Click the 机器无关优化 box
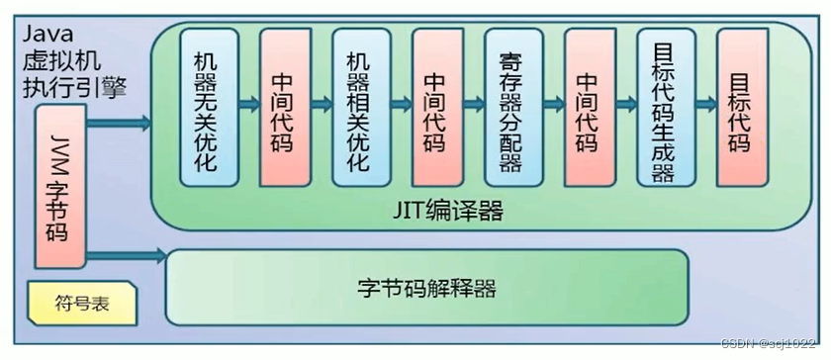click(x=207, y=107)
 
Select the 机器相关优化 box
click(x=358, y=107)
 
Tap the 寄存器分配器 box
click(x=510, y=107)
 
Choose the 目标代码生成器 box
click(x=663, y=107)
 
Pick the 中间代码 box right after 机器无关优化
click(x=284, y=107)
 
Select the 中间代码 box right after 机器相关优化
click(x=436, y=107)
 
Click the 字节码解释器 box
click(x=425, y=287)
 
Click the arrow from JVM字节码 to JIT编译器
click(x=119, y=124)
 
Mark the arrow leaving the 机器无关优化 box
click(x=246, y=102)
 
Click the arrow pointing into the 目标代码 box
click(x=703, y=102)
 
